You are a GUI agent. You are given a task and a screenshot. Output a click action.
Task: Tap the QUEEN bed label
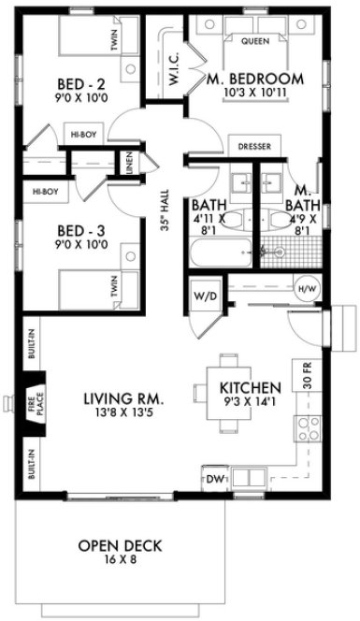(x=256, y=42)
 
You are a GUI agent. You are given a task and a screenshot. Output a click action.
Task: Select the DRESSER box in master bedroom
(x=255, y=146)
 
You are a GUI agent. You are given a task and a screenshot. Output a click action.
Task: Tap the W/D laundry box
(x=205, y=297)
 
